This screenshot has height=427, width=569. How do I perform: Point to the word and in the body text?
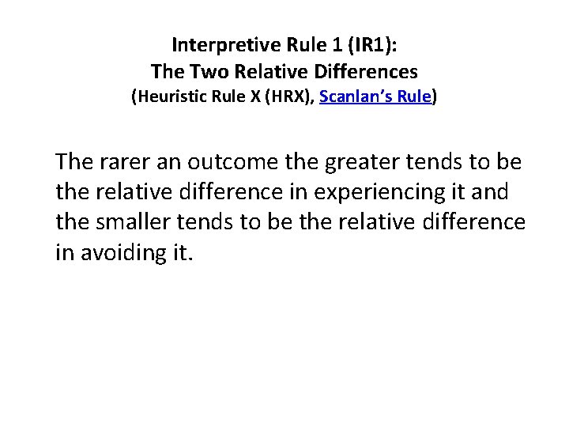coord(492,192)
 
